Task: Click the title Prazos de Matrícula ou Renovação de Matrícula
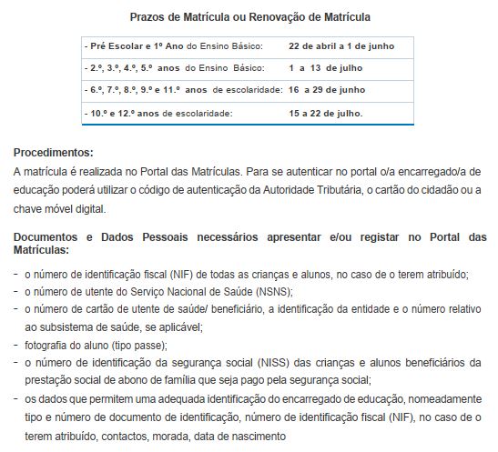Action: tap(249, 17)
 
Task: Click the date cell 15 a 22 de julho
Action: tap(325, 113)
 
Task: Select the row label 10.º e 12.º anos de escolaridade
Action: tap(158, 113)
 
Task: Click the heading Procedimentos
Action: tap(54, 153)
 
